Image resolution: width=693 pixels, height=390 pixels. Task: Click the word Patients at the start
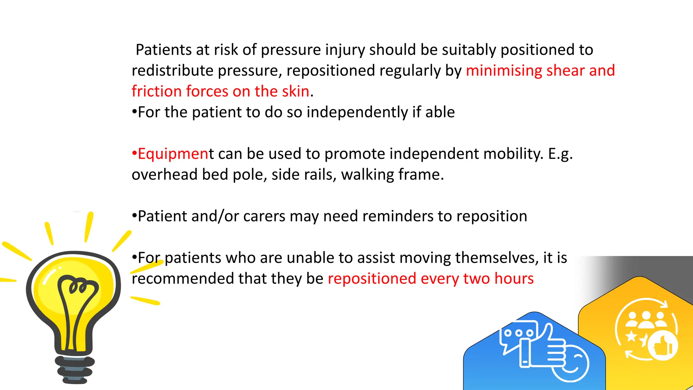(164, 50)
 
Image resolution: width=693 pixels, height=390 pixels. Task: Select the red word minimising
(504, 71)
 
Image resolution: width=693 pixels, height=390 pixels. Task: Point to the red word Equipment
(174, 154)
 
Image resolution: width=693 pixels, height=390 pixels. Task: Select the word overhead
(164, 175)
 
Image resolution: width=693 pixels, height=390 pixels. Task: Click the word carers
(264, 216)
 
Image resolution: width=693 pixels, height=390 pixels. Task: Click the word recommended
(182, 279)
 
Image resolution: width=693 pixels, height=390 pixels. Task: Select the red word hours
(514, 279)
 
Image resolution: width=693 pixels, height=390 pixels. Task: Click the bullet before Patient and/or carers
(134, 216)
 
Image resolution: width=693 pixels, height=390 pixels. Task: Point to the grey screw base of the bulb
(75, 370)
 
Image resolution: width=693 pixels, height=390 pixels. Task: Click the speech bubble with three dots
(518, 333)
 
